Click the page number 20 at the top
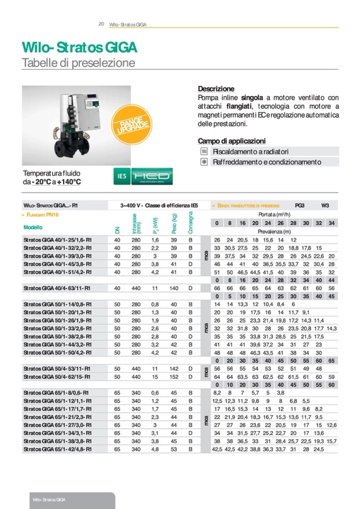pyautogui.click(x=101, y=24)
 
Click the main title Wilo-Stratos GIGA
pyautogui.click(x=79, y=48)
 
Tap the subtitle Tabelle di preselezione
pyautogui.click(x=78, y=63)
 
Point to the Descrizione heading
pyautogui.click(x=216, y=89)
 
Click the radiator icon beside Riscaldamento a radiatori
pyautogui.click(x=203, y=152)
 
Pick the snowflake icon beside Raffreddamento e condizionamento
pyautogui.click(x=203, y=162)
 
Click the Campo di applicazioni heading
pyautogui.click(x=232, y=141)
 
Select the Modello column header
pyautogui.click(x=33, y=227)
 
